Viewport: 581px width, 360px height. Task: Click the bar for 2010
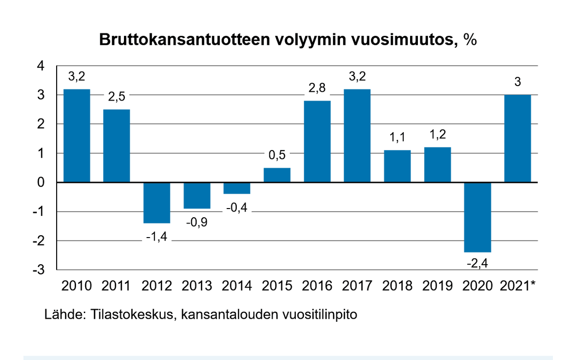(x=76, y=136)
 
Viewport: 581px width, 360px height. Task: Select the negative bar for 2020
(x=477, y=217)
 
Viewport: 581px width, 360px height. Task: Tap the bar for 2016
(x=317, y=142)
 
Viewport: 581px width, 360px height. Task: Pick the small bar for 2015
(x=277, y=175)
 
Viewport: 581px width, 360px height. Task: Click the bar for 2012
(x=157, y=203)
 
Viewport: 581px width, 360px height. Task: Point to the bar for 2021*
(x=518, y=139)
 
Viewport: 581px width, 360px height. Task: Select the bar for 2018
(x=398, y=166)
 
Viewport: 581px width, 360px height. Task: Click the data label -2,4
(x=477, y=264)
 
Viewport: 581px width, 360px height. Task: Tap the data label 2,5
(x=117, y=97)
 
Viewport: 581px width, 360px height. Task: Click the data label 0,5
(x=277, y=155)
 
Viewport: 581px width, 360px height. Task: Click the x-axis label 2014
(x=237, y=286)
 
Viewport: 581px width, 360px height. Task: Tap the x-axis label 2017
(x=357, y=286)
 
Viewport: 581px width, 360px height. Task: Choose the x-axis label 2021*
(x=518, y=286)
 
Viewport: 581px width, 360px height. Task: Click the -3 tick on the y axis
(x=38, y=270)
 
